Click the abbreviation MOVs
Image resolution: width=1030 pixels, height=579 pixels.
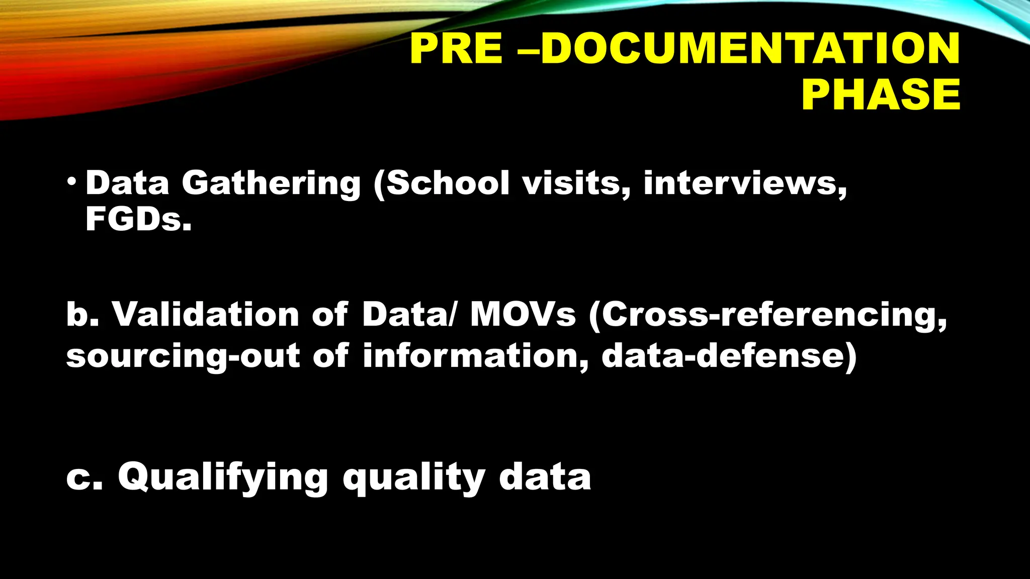click(x=523, y=314)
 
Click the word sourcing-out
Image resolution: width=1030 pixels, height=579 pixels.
click(x=183, y=356)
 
